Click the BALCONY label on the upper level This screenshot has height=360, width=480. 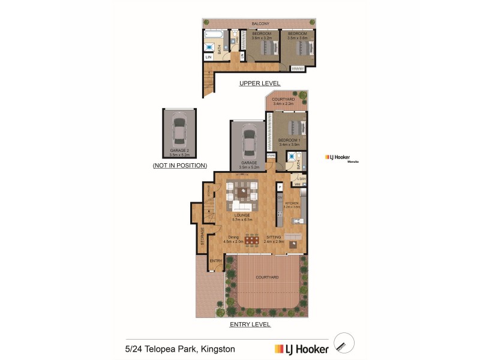260,23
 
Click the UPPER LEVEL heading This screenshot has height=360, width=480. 260,83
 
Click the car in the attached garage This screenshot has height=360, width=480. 248,142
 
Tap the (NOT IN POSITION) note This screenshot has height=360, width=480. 179,165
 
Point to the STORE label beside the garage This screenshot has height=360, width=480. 271,156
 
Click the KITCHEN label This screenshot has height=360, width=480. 292,204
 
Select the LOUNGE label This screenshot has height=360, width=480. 242,215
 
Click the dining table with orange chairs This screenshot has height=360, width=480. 252,240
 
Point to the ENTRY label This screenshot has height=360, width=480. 216,261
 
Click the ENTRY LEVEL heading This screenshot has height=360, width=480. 250,325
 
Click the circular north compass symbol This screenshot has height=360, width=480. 344,343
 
